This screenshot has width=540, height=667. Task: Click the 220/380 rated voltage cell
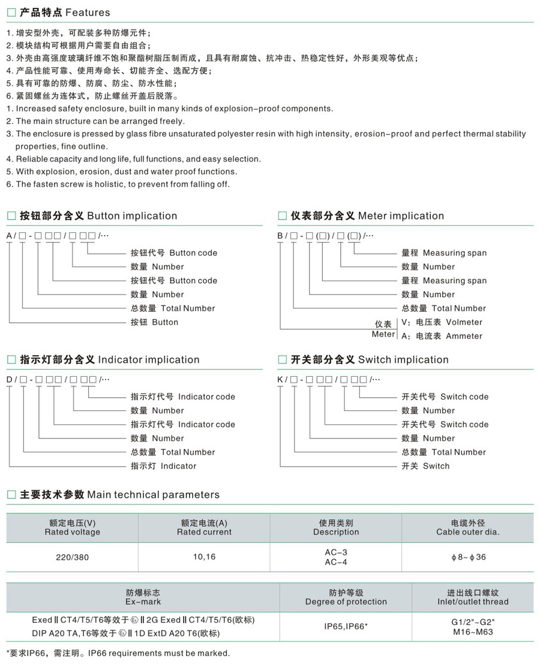coord(72,557)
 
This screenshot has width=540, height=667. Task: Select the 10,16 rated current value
coord(204,557)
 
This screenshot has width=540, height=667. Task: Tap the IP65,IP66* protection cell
coord(346,626)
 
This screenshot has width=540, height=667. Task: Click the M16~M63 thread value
coord(473,632)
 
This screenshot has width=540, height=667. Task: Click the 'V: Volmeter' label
coord(442,322)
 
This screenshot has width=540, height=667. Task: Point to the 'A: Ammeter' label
coord(442,336)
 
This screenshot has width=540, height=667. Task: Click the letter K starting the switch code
coord(280,380)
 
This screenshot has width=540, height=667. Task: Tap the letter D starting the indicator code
coord(9,380)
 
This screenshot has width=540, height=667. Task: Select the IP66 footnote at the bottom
coord(118,653)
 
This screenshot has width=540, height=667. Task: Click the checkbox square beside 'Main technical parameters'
coord(11,495)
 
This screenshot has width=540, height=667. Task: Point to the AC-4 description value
coord(336,562)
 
